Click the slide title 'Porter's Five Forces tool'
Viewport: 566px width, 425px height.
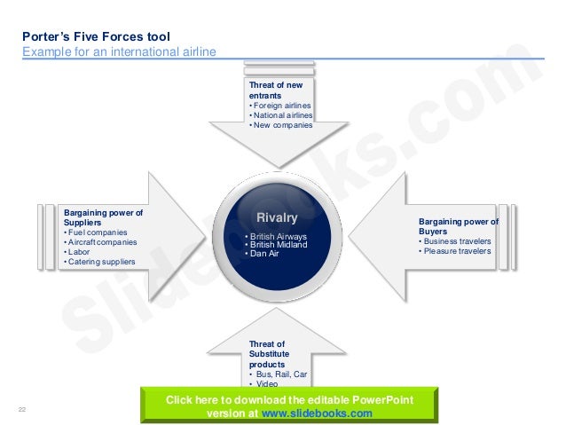96,37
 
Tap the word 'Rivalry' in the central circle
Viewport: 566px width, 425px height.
277,218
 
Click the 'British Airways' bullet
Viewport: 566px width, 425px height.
278,237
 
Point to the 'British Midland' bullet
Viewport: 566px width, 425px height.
278,246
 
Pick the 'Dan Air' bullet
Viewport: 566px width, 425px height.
269,255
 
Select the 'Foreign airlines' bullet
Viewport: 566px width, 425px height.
282,106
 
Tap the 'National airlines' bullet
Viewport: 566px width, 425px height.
283,115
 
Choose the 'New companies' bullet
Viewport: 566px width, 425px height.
282,125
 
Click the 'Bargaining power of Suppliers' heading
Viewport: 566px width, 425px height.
103,217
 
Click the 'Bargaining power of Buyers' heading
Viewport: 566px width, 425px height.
458,226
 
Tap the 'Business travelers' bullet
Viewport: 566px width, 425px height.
457,241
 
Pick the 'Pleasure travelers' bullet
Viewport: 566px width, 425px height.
457,251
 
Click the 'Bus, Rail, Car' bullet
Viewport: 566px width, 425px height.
280,374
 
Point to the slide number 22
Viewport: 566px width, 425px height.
21,409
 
